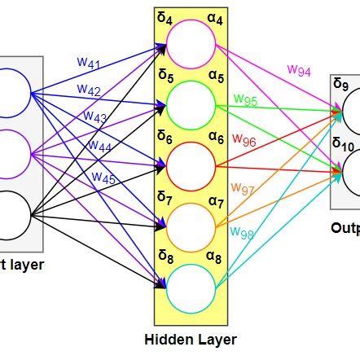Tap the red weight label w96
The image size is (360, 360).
pyautogui.click(x=244, y=141)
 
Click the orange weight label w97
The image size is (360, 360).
pyautogui.click(x=242, y=188)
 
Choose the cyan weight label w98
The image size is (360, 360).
pyautogui.click(x=242, y=232)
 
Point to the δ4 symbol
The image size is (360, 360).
pyautogui.click(x=165, y=18)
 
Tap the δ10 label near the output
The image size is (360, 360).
pyautogui.click(x=343, y=143)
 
